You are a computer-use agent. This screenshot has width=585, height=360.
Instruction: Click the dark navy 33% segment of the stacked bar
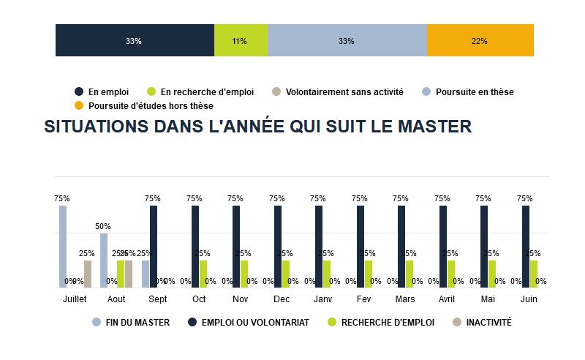(135, 40)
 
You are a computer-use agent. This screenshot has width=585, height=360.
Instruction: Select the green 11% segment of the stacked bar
(241, 40)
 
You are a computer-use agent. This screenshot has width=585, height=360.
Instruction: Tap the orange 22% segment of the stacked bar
(480, 40)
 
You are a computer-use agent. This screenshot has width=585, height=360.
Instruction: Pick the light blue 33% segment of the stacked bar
(347, 40)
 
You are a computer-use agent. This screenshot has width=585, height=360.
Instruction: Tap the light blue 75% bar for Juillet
(63, 247)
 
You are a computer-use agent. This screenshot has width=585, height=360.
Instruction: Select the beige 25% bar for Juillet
(88, 274)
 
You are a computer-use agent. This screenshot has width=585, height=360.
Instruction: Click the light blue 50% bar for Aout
(104, 260)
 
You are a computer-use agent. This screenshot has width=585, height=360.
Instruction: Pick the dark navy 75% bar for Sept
(154, 247)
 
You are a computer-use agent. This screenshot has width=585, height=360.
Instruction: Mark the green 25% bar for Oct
(203, 274)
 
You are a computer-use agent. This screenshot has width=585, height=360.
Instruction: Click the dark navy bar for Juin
(526, 247)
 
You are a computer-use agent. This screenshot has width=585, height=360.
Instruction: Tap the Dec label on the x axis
(282, 299)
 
